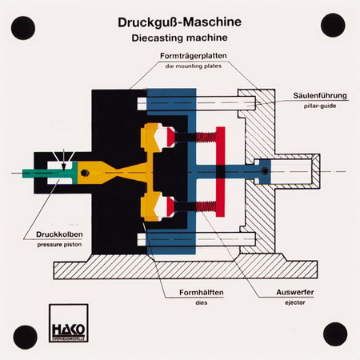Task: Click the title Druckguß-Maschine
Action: click(x=179, y=22)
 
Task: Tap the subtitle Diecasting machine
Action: click(x=179, y=38)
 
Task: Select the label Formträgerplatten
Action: click(x=194, y=56)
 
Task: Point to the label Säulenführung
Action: click(x=320, y=95)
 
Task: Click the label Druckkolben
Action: click(x=59, y=234)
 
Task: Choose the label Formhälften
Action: click(x=202, y=293)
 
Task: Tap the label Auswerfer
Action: click(x=295, y=292)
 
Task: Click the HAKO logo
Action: click(x=69, y=323)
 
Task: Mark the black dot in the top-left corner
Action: click(x=23, y=28)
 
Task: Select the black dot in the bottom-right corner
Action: click(x=335, y=334)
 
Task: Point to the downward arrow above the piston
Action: click(x=63, y=160)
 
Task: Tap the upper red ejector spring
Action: click(x=206, y=138)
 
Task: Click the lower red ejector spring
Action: click(x=206, y=206)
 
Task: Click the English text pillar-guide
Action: click(x=320, y=106)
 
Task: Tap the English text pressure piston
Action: click(x=59, y=245)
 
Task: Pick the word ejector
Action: click(x=295, y=302)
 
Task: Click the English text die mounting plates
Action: click(x=194, y=66)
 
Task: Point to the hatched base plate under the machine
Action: click(x=186, y=270)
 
